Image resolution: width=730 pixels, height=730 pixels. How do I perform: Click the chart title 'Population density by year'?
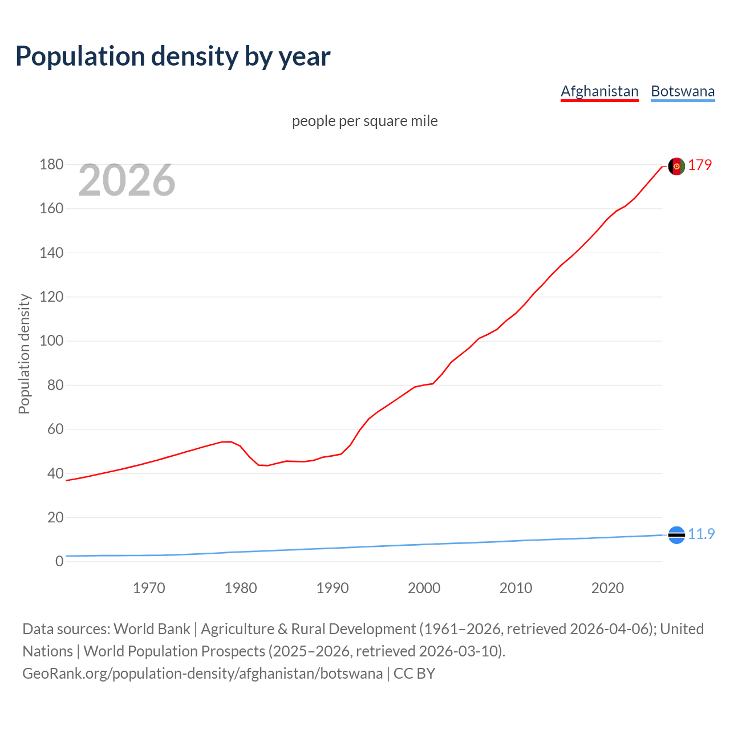173,56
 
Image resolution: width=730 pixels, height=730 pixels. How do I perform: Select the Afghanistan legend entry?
599,91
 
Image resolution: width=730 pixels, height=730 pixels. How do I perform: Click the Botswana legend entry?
683,91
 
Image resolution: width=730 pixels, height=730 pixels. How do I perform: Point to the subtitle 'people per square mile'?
364,121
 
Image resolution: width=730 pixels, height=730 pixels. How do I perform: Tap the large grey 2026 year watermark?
127,180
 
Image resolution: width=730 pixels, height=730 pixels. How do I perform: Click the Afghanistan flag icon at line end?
676,166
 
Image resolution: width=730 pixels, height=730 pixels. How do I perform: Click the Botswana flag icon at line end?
676,535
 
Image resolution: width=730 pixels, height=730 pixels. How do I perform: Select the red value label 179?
700,165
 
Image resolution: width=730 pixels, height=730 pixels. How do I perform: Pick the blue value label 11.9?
701,534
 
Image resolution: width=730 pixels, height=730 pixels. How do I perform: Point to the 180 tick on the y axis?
51,165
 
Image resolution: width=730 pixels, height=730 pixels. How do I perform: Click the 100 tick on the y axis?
51,341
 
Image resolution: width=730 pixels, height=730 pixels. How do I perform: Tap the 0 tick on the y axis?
59,561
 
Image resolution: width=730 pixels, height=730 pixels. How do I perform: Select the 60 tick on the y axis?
55,429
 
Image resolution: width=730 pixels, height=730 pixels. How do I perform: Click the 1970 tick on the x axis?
149,588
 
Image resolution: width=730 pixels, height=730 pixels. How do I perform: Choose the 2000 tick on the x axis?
424,588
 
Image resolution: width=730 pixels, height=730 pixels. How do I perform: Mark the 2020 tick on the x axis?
607,588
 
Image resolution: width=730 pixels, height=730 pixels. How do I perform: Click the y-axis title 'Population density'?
24,354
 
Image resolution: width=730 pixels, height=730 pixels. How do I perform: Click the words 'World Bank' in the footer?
152,629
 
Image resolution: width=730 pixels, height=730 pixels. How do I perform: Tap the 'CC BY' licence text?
414,674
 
